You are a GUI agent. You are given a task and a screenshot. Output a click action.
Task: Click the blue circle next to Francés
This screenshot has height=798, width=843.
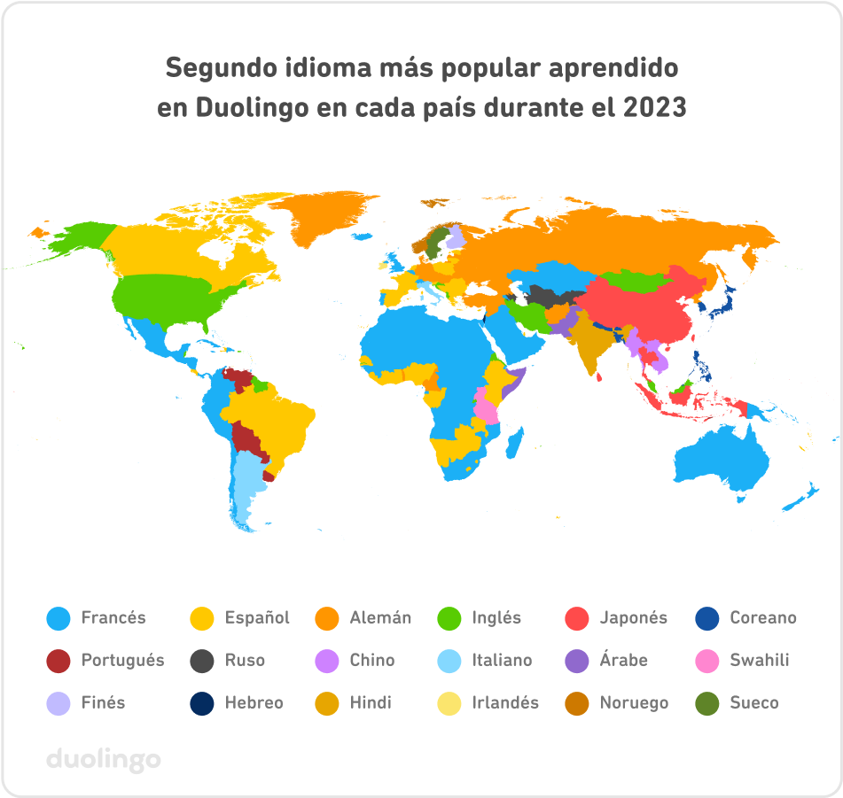[x=58, y=618]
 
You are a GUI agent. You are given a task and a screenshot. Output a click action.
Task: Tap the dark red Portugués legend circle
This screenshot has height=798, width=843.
[x=58, y=661]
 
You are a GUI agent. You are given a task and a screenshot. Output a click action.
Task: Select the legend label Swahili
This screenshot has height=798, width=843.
[x=759, y=661]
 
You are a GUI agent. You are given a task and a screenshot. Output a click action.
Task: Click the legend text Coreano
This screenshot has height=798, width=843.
[x=762, y=618]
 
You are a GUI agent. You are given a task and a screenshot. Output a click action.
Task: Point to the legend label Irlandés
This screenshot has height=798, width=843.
[x=505, y=703]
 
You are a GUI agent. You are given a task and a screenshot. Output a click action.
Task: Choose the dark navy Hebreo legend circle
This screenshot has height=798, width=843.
[x=202, y=703]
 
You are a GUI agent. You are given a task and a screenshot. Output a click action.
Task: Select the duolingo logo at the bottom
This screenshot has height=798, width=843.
[x=103, y=759]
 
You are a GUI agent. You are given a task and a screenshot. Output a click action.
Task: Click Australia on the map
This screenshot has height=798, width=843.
[x=722, y=461]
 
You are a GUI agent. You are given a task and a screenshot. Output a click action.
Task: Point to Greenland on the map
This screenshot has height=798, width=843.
[x=332, y=221]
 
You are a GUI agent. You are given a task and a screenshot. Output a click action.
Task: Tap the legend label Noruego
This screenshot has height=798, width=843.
[x=634, y=703]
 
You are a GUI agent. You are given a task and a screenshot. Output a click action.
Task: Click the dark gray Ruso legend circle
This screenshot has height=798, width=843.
[x=202, y=661]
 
